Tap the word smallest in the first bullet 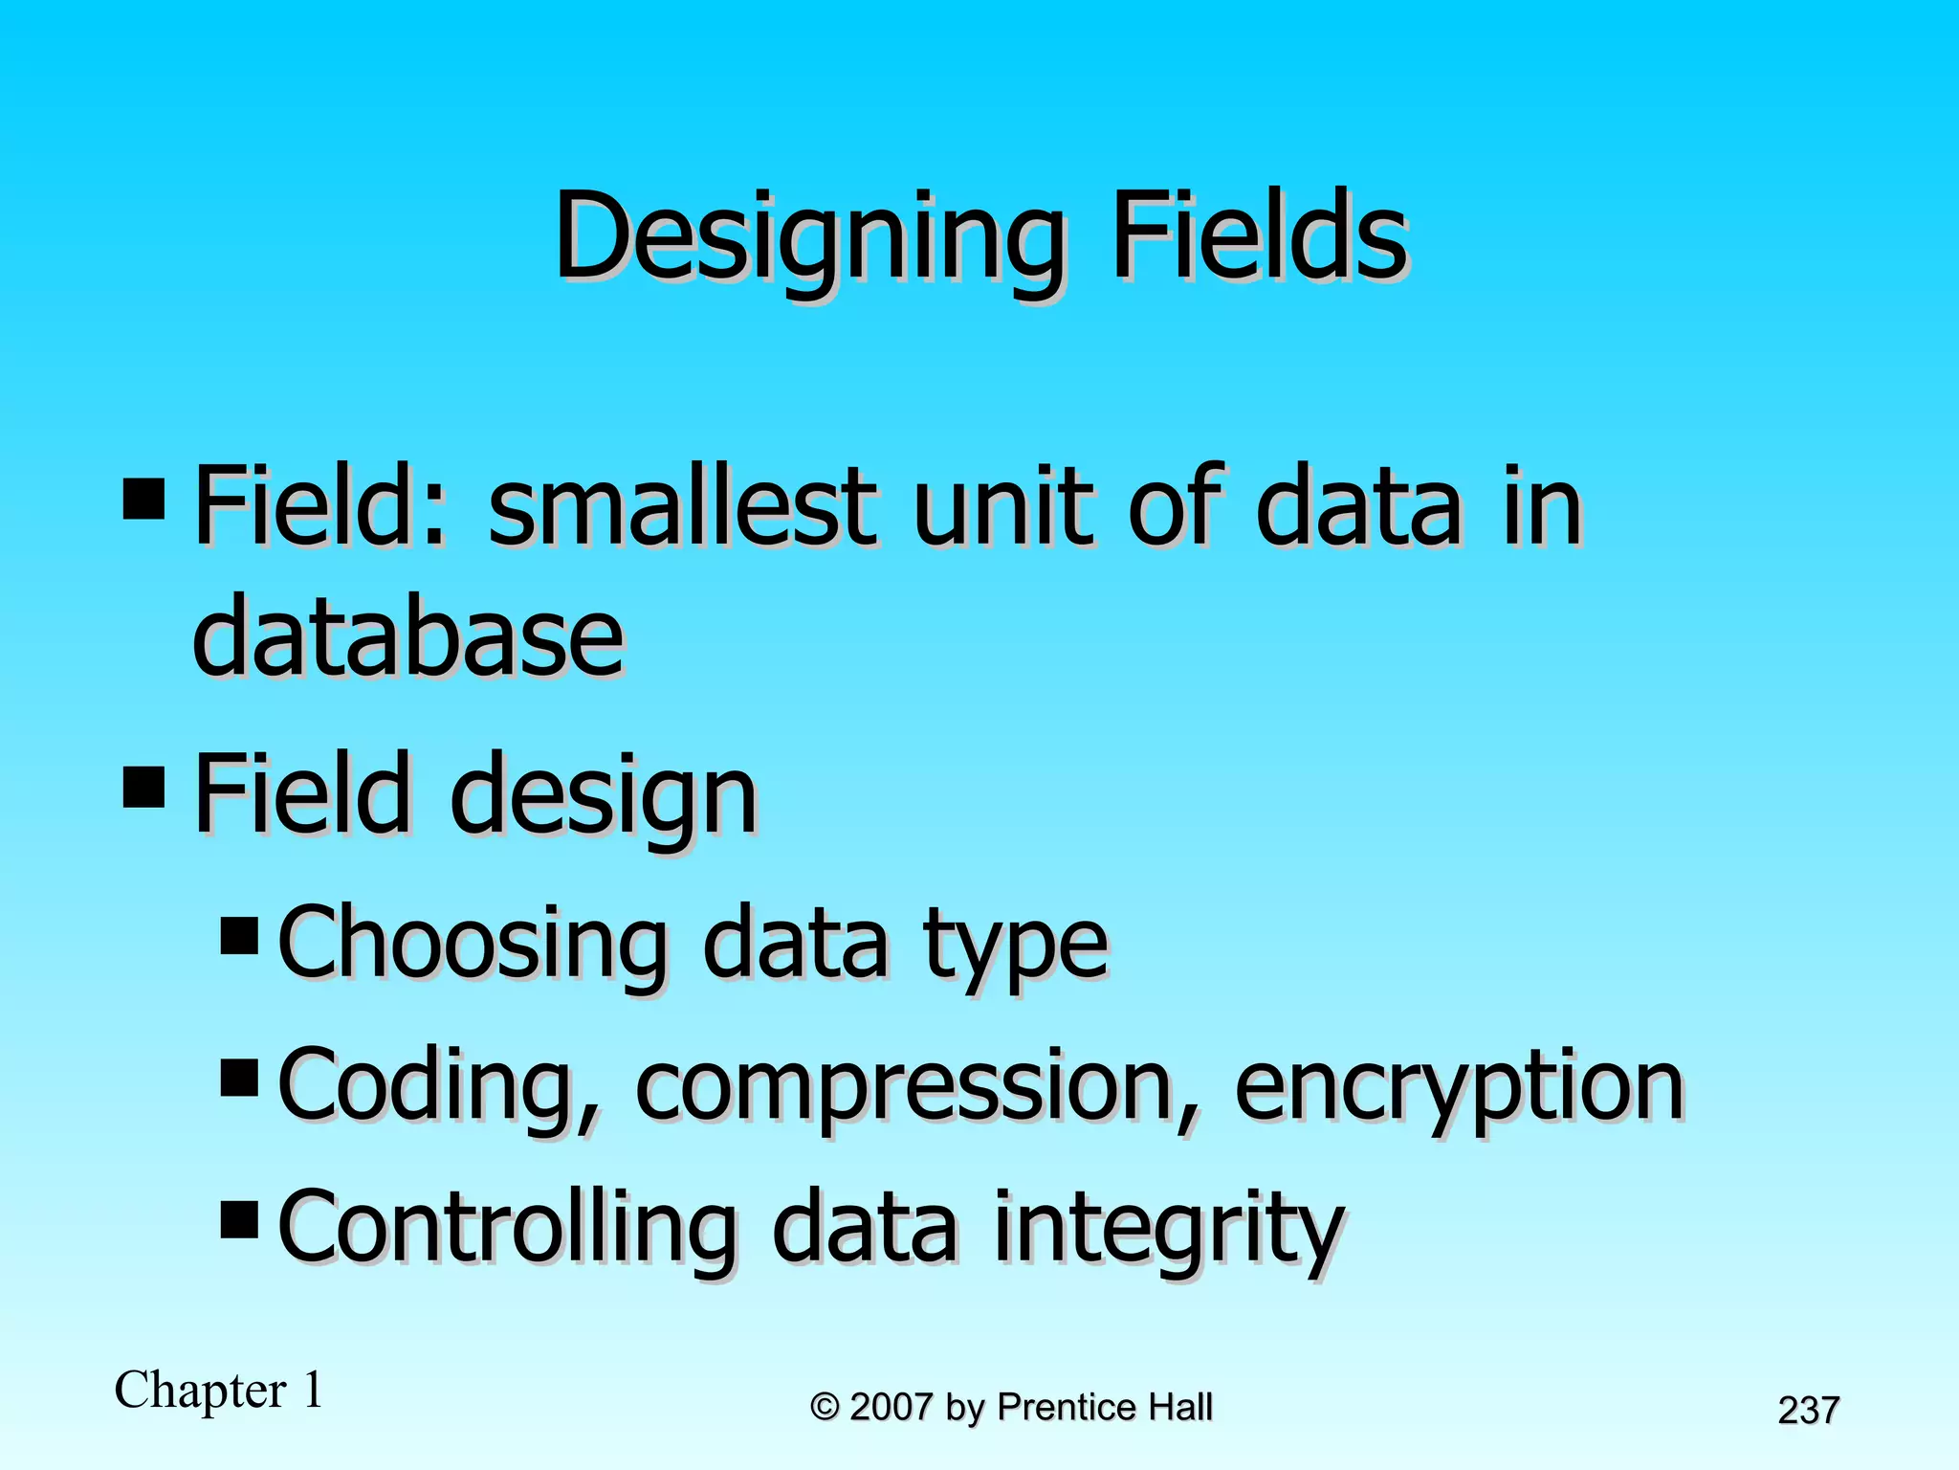pos(681,506)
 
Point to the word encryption pos(1458,1087)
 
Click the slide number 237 pos(1808,1411)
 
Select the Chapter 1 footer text pos(218,1390)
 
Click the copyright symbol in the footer pos(825,1408)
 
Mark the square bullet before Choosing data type pos(239,936)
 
